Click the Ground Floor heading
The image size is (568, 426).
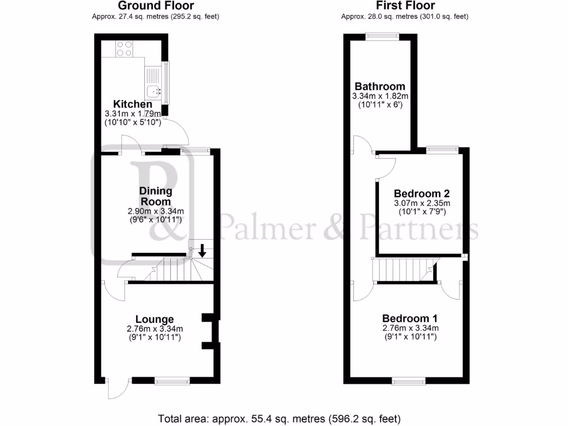click(x=155, y=6)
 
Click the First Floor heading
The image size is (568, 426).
click(x=404, y=6)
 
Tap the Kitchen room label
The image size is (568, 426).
click(x=133, y=104)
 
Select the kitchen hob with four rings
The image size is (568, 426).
click(x=124, y=49)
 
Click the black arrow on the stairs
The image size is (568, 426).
click(x=202, y=250)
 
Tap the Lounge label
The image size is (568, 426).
click(x=155, y=319)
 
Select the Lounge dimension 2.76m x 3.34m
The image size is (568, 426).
click(x=155, y=328)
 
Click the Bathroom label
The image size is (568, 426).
click(x=380, y=87)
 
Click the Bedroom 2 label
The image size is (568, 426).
click(x=421, y=194)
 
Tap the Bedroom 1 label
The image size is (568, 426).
click(x=410, y=318)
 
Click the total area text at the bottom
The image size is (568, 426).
click(x=280, y=418)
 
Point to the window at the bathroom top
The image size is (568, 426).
click(x=382, y=36)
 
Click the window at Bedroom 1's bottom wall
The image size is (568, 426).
click(x=409, y=381)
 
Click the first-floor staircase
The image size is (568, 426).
click(x=399, y=271)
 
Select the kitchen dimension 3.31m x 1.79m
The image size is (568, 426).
click(x=133, y=114)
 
